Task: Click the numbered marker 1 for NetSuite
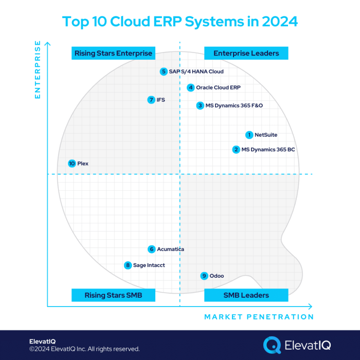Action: coord(249,135)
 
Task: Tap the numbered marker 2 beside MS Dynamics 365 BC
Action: coord(236,150)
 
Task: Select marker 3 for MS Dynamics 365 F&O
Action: coord(200,105)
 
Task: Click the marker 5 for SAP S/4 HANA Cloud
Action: coord(164,71)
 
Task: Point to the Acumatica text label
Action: coord(170,249)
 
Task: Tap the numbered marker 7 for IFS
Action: coord(151,100)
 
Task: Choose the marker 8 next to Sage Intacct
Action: coord(128,265)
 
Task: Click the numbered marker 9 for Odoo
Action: coord(204,276)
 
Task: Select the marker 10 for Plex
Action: coord(71,164)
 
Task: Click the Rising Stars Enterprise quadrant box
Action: coord(113,53)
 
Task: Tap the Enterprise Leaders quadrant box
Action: coord(246,53)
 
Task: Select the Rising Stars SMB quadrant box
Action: coord(113,295)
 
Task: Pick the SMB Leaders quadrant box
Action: coord(246,295)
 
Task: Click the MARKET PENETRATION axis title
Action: coord(259,317)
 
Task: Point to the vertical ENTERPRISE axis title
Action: coord(37,70)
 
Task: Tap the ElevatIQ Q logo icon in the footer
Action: coord(272,345)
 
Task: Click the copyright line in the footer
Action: coord(84,349)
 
